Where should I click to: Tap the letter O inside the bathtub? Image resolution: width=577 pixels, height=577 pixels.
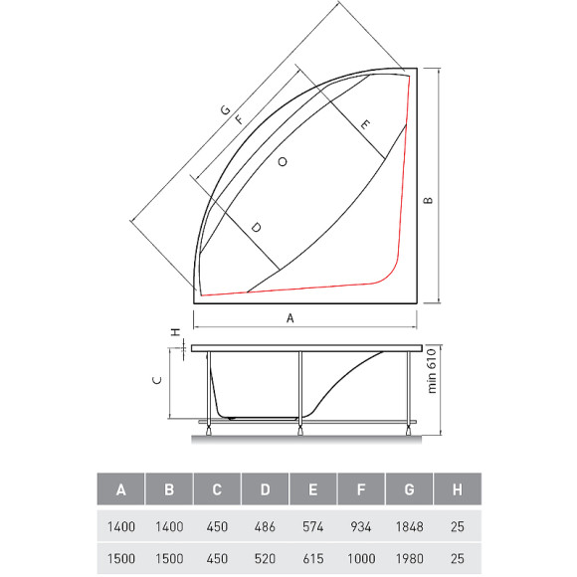[284, 161]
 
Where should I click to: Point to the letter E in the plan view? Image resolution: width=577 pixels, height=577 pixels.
[365, 125]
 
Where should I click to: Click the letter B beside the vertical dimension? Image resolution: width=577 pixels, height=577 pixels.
[428, 200]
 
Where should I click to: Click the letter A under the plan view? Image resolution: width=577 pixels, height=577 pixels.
[290, 318]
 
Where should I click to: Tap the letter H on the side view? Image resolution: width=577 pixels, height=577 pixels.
[174, 333]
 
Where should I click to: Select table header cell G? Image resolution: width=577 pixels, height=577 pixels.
[408, 489]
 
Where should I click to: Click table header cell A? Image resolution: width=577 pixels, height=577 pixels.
[121, 489]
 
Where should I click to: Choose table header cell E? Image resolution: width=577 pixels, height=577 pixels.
[312, 489]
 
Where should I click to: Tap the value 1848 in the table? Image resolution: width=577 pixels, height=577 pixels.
[408, 526]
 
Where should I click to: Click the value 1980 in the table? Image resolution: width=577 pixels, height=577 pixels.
[408, 558]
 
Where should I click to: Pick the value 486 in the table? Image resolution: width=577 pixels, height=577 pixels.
[265, 526]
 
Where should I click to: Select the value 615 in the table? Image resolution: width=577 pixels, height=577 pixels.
[312, 558]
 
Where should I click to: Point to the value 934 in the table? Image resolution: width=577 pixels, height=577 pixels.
[360, 526]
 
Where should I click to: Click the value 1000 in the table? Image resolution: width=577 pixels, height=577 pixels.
[360, 558]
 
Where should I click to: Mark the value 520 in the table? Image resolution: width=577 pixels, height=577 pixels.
[265, 558]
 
